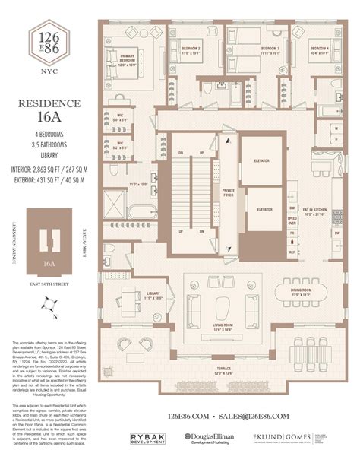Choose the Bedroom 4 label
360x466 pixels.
pyautogui.click(x=320, y=51)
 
